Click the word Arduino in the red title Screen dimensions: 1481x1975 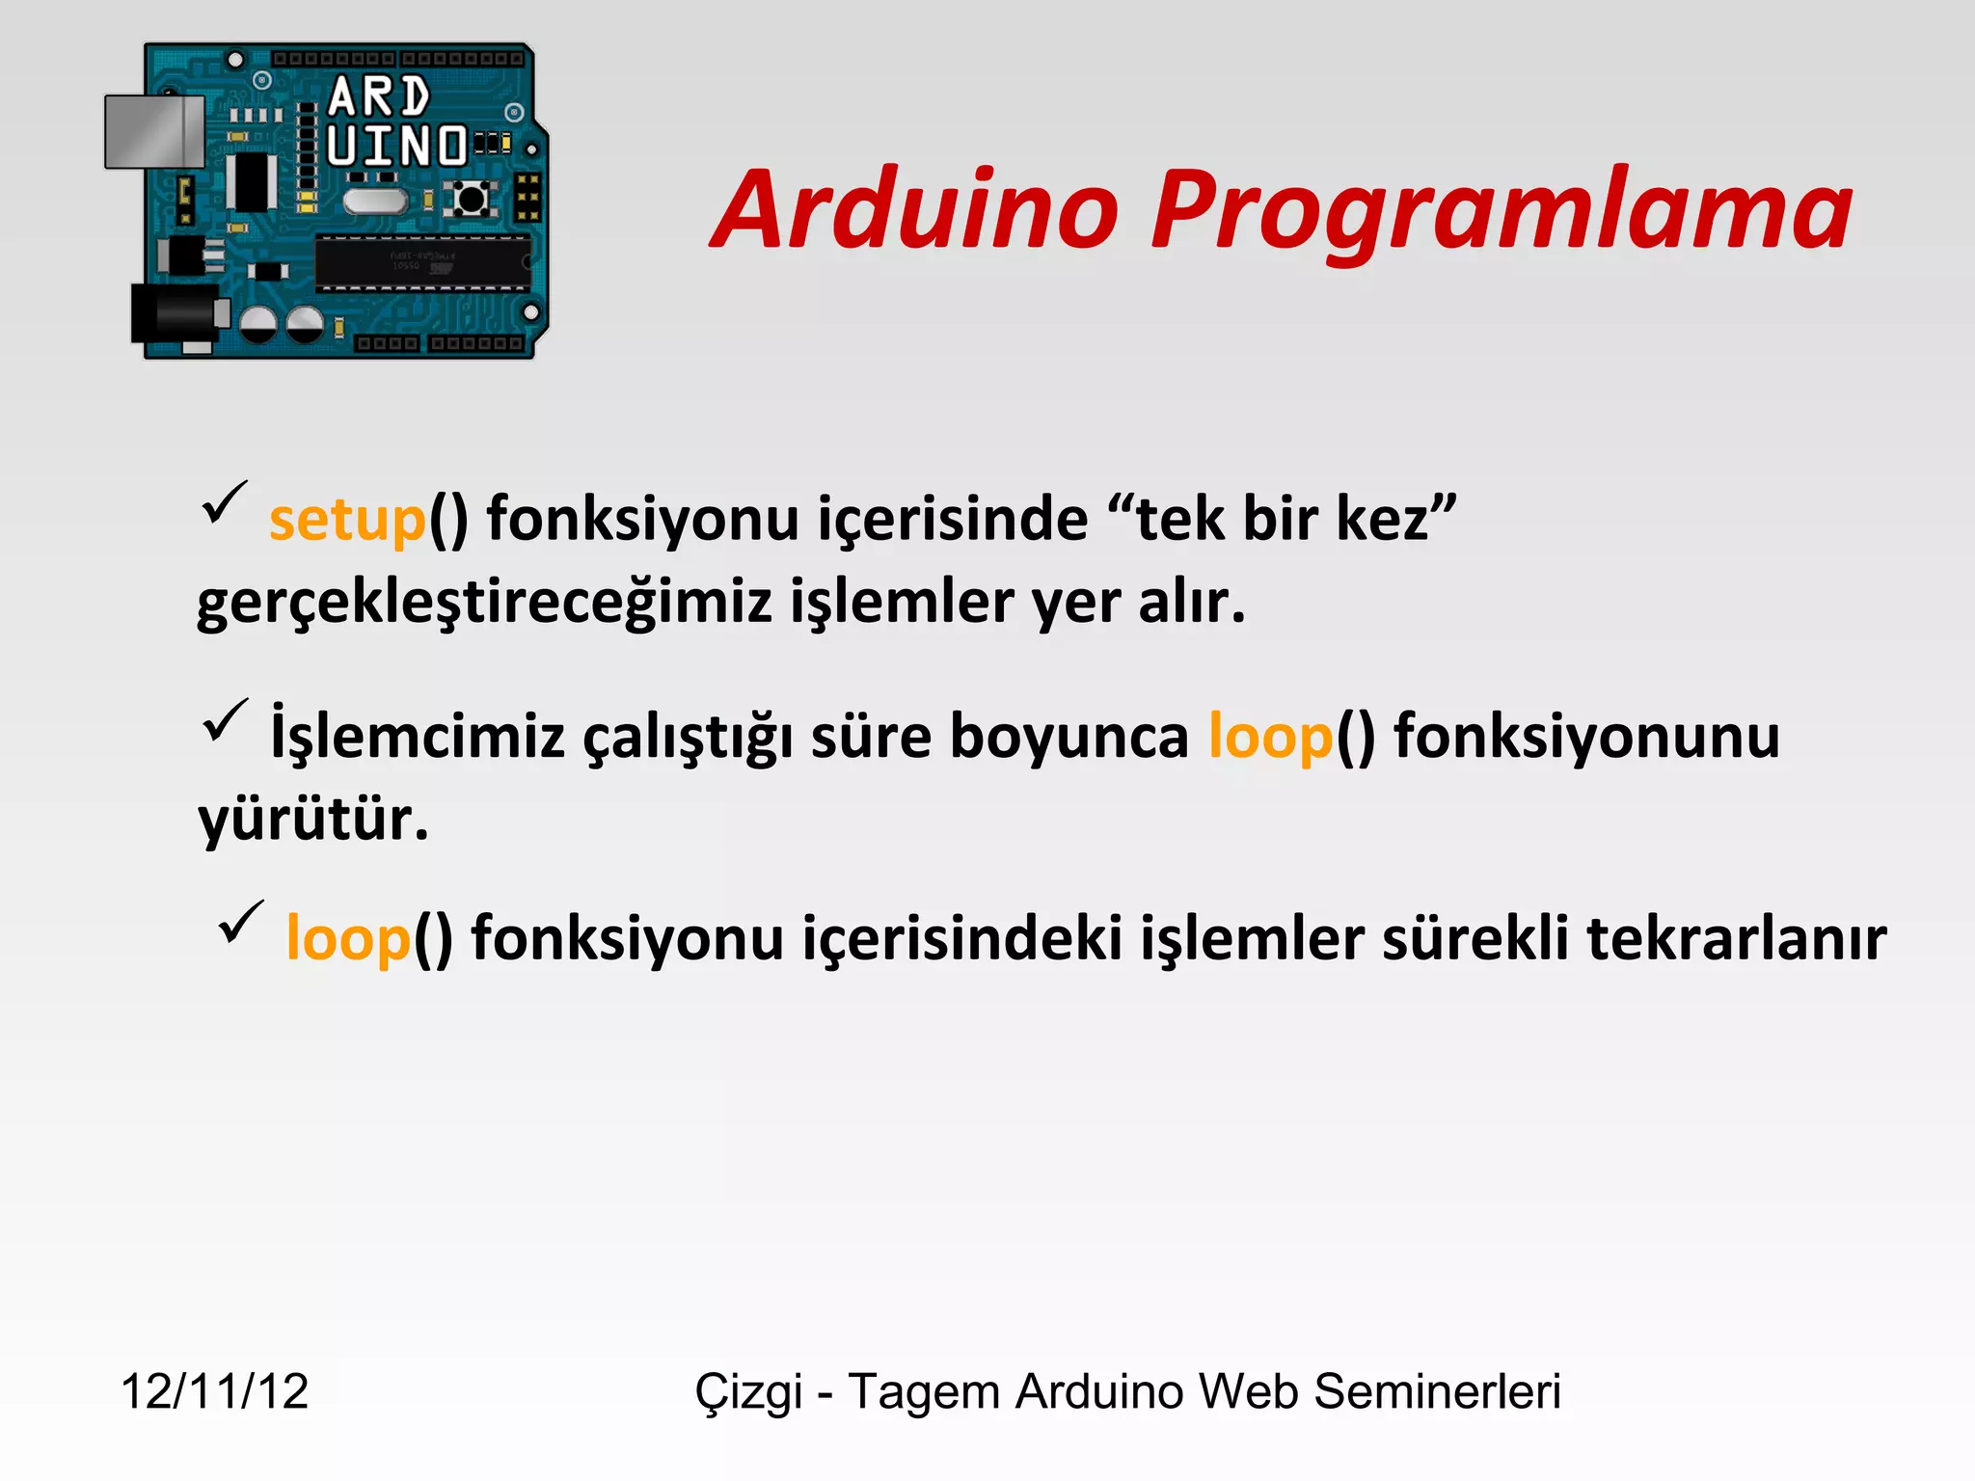(x=916, y=210)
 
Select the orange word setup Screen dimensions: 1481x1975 (x=347, y=521)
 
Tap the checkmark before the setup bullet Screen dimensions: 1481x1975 (x=224, y=503)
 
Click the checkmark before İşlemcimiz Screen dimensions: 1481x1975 (x=225, y=722)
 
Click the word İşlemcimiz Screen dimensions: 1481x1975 (x=417, y=737)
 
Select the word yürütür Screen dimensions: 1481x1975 (x=312, y=820)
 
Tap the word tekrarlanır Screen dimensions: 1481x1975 (x=1736, y=939)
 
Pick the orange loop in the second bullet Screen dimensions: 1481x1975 (x=1270, y=737)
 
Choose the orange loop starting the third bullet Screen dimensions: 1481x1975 (x=348, y=939)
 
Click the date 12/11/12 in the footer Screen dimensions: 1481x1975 (x=214, y=1391)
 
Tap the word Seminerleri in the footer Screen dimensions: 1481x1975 (x=1437, y=1391)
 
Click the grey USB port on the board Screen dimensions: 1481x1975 (x=154, y=131)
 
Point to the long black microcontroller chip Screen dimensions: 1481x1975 (x=422, y=262)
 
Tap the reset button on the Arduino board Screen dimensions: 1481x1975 (x=471, y=200)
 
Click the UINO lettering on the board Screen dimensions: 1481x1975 (x=396, y=147)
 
